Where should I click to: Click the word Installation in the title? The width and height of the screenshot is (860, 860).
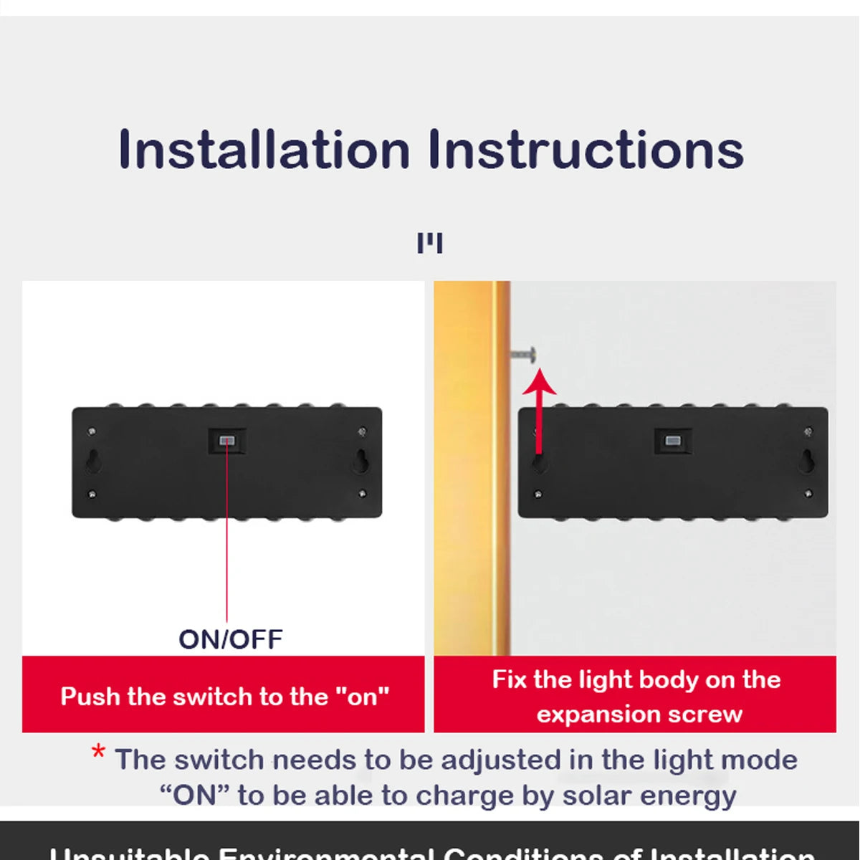tap(264, 150)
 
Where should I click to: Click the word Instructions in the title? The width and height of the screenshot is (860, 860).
tap(586, 150)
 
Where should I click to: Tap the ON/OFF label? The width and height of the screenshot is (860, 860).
tap(230, 639)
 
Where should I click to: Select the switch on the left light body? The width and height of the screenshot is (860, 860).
tap(227, 441)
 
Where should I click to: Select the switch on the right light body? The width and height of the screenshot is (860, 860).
tap(673, 441)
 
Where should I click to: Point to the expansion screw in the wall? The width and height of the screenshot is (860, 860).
tap(524, 353)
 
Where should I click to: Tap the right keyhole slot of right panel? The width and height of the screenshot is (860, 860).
tap(807, 462)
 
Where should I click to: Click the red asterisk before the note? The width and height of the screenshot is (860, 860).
tap(98, 754)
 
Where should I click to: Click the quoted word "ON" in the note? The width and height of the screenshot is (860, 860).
tap(193, 795)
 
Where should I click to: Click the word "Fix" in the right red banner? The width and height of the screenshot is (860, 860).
tap(508, 679)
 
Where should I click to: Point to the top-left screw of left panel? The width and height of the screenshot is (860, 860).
tap(92, 431)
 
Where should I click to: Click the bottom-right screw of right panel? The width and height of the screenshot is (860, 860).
tap(808, 493)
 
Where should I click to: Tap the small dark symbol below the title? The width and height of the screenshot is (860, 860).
tap(430, 244)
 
